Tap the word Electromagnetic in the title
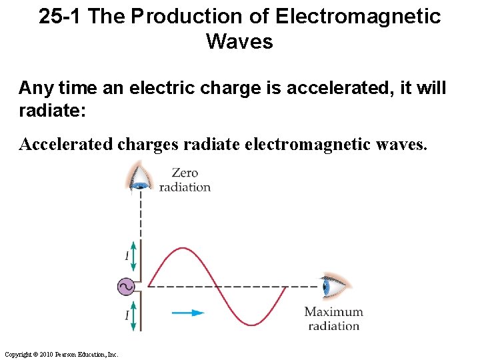coord(358,17)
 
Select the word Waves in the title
coord(239,42)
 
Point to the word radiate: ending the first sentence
coord(53,109)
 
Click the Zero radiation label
coord(185,180)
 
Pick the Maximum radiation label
coord(333,319)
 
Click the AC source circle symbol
coord(125,287)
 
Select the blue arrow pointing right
coord(188,311)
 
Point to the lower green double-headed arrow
coord(133,317)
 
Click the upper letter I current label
coord(126,256)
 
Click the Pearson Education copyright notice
coord(61,354)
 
